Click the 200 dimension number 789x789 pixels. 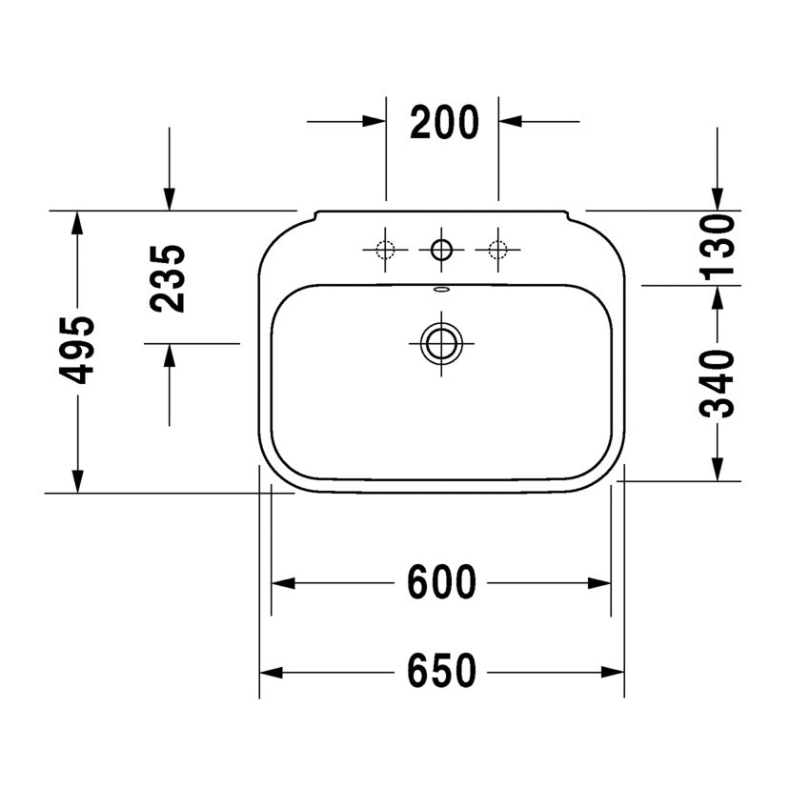coord(444,122)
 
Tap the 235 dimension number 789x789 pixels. coord(168,278)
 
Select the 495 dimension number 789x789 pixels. coord(76,350)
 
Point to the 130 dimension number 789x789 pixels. coord(717,247)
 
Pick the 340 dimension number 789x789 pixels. coord(717,384)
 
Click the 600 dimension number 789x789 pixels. coord(441,582)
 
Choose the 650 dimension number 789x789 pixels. coord(441,671)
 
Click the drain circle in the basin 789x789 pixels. coord(441,344)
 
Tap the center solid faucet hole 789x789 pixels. coord(441,250)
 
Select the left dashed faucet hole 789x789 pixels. coord(385,250)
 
